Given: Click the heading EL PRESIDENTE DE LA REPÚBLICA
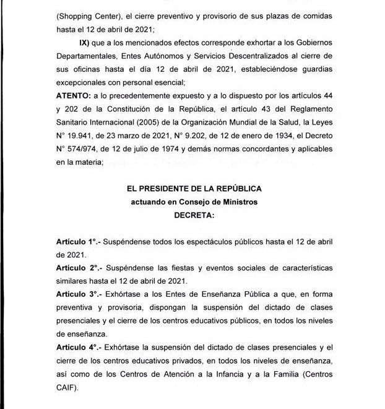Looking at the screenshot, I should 192,188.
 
